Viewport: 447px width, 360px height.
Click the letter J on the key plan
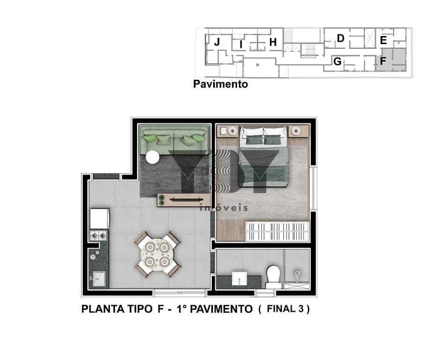(x=217, y=42)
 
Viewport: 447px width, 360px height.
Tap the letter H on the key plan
(x=273, y=42)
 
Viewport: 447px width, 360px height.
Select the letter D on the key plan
(x=340, y=38)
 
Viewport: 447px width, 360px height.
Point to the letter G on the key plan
(x=337, y=61)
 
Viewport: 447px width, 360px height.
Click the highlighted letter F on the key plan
(x=383, y=61)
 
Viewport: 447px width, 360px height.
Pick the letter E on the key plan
(x=383, y=40)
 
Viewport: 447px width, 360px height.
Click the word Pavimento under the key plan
(x=220, y=84)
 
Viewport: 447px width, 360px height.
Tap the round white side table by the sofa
(x=153, y=157)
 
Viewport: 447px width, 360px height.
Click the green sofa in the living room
(x=174, y=140)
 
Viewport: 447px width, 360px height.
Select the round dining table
(x=157, y=254)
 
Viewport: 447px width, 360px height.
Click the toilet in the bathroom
(x=273, y=277)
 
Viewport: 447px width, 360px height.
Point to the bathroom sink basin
(x=239, y=278)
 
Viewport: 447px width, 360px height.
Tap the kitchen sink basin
(x=99, y=279)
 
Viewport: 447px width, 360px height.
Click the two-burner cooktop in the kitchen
(x=98, y=235)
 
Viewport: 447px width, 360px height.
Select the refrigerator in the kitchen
(x=99, y=218)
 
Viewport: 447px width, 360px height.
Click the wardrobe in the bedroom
(x=277, y=232)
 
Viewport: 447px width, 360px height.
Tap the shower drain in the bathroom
(x=297, y=273)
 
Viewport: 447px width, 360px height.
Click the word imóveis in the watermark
(x=224, y=207)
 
